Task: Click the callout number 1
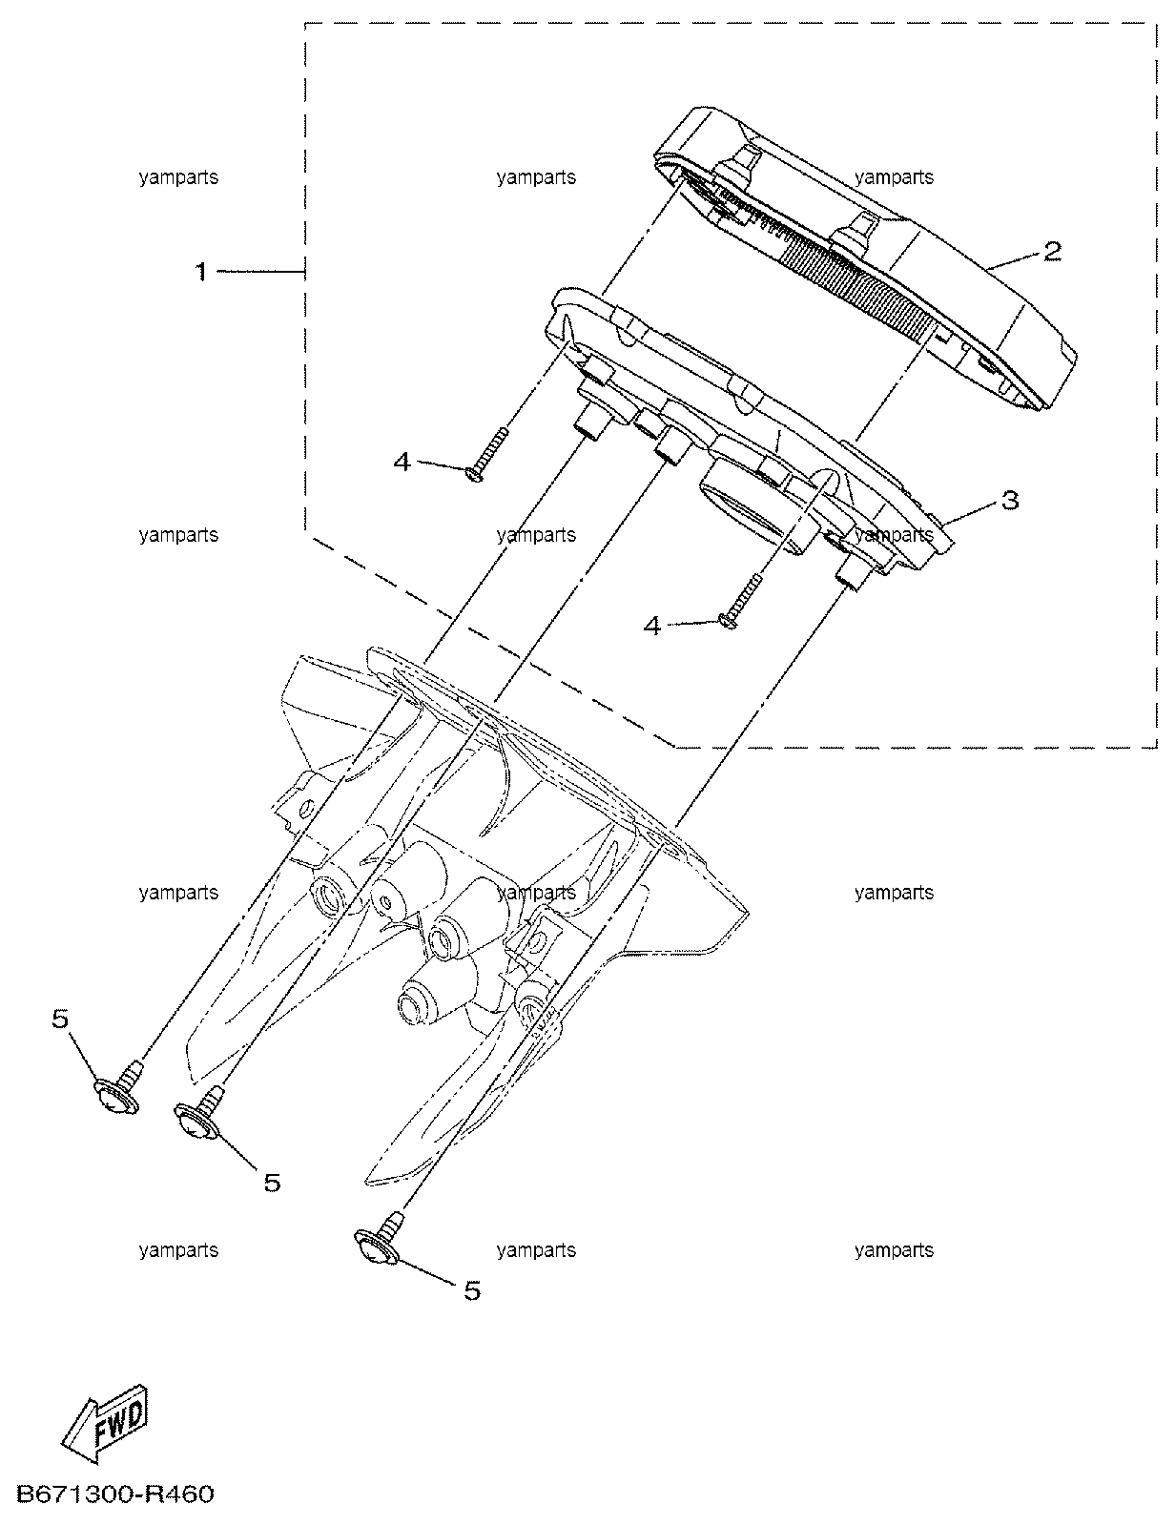coord(201,272)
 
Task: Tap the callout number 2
coord(1052,251)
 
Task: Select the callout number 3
coord(1009,501)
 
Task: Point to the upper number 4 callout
coord(402,462)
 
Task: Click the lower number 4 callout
coord(652,626)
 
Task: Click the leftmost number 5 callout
coord(60,1019)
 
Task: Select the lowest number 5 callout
coord(472,1289)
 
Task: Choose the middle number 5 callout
coord(272,1183)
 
